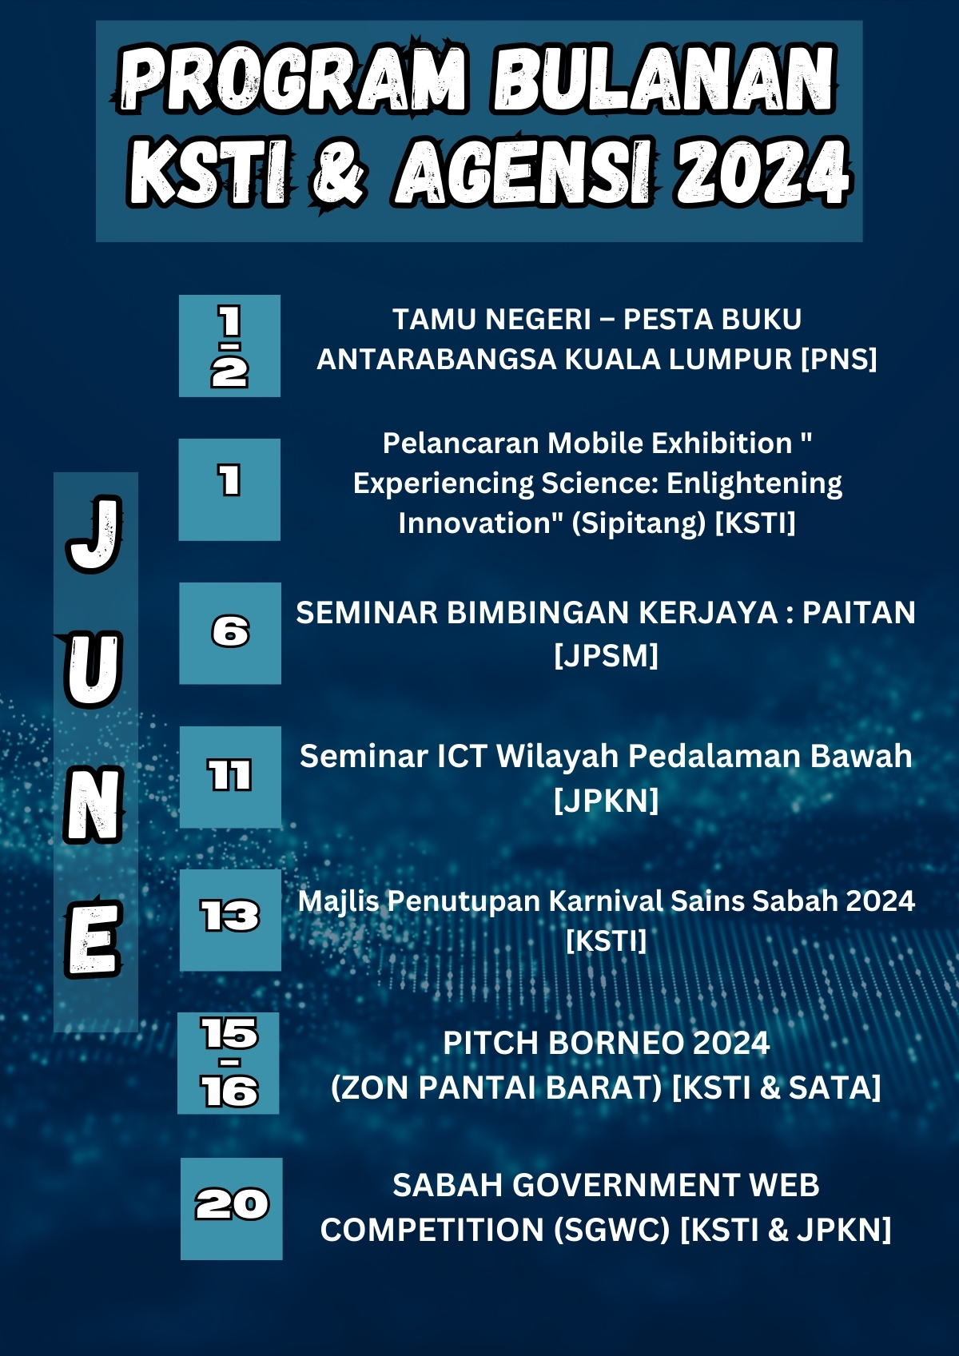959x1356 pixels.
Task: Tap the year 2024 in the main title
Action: click(x=764, y=171)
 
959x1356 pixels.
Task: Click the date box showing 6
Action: click(x=230, y=633)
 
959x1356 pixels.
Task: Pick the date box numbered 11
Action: click(x=231, y=777)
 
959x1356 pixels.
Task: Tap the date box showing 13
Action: click(x=231, y=921)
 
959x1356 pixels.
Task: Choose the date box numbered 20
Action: click(x=231, y=1209)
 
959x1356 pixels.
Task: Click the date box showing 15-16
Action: click(x=229, y=1063)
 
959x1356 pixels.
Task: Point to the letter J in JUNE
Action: click(x=94, y=534)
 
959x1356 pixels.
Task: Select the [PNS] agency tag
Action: click(x=839, y=360)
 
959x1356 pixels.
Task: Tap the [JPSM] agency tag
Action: click(x=606, y=655)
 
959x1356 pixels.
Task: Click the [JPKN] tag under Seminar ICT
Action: click(x=606, y=801)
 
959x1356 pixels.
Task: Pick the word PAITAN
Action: click(x=859, y=613)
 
